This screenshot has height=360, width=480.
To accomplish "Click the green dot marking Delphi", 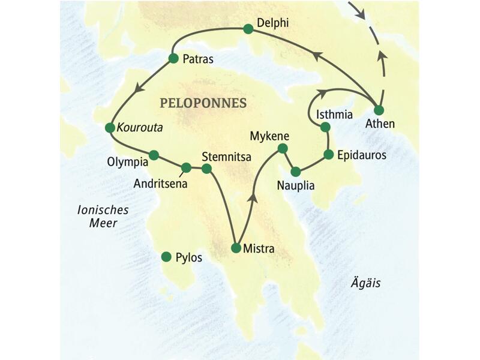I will (248, 28).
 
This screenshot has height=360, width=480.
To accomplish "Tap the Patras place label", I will (198, 59).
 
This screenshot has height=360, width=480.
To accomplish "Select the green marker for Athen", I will (378, 110).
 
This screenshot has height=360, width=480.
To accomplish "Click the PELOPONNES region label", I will (203, 103).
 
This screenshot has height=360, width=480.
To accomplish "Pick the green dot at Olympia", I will (154, 155).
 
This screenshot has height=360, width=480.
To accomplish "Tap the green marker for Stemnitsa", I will (206, 169).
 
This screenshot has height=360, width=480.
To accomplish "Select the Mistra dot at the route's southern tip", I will (236, 247).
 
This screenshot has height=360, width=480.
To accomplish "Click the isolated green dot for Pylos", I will (166, 257).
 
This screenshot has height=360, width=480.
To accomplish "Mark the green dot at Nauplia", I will (295, 171).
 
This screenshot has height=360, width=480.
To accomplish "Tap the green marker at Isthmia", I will (325, 127).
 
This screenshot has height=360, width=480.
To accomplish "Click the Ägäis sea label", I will (365, 283).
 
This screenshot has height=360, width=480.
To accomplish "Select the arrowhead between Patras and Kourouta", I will (140, 88).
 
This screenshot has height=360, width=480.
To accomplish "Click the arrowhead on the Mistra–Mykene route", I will (254, 197).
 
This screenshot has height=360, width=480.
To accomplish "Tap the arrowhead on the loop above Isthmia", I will (322, 92).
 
